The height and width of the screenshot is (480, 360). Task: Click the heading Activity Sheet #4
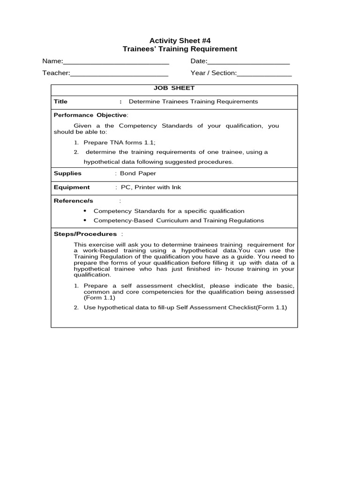click(x=180, y=40)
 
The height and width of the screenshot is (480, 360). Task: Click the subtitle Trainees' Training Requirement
click(x=180, y=49)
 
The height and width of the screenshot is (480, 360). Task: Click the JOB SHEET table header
click(x=174, y=88)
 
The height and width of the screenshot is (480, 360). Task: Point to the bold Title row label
click(x=60, y=102)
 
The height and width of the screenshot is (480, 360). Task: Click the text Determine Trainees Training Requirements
click(x=193, y=102)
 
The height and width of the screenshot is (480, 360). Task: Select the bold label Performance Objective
click(x=90, y=115)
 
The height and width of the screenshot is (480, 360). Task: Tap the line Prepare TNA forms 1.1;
click(x=119, y=142)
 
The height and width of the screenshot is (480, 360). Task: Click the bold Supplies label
click(x=67, y=173)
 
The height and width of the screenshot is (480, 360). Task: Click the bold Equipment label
click(x=72, y=187)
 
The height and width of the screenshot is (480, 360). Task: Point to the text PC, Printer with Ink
click(x=150, y=187)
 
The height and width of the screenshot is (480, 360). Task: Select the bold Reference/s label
click(x=74, y=201)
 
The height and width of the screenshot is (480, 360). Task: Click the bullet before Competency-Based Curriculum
click(x=85, y=220)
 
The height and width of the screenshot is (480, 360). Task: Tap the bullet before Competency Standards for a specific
click(x=85, y=211)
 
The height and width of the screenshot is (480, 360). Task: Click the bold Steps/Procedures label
click(x=85, y=234)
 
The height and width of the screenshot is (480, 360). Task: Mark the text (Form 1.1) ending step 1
click(x=99, y=298)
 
